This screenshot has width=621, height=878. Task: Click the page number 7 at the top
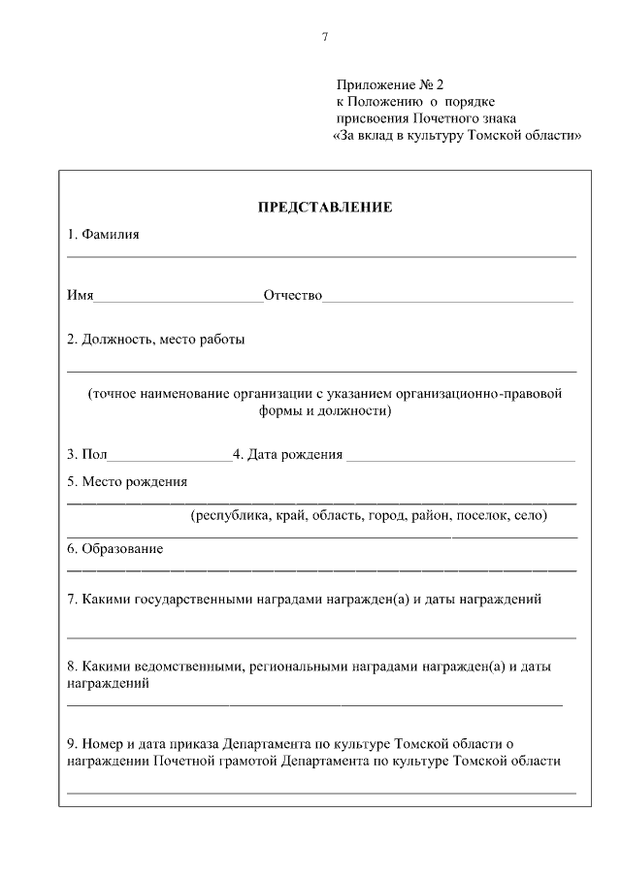pyautogui.click(x=325, y=38)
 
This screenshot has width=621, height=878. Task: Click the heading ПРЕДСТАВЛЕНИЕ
pyautogui.click(x=324, y=208)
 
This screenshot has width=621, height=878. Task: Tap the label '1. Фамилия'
pyautogui.click(x=104, y=235)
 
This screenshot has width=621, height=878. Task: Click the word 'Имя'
pyautogui.click(x=80, y=295)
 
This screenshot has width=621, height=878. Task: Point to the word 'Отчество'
pyautogui.click(x=292, y=295)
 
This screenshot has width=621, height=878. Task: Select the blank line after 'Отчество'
pyautogui.click(x=448, y=299)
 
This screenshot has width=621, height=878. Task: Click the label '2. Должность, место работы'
pyautogui.click(x=155, y=341)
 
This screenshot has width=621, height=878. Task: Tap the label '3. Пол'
pyautogui.click(x=87, y=454)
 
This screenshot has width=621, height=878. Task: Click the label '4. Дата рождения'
pyautogui.click(x=287, y=454)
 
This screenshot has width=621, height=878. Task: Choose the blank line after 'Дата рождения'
pyautogui.click(x=461, y=458)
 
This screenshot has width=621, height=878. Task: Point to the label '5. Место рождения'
pyautogui.click(x=127, y=481)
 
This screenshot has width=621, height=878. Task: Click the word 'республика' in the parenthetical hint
pyautogui.click(x=232, y=515)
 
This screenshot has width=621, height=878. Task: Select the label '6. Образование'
pyautogui.click(x=114, y=549)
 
